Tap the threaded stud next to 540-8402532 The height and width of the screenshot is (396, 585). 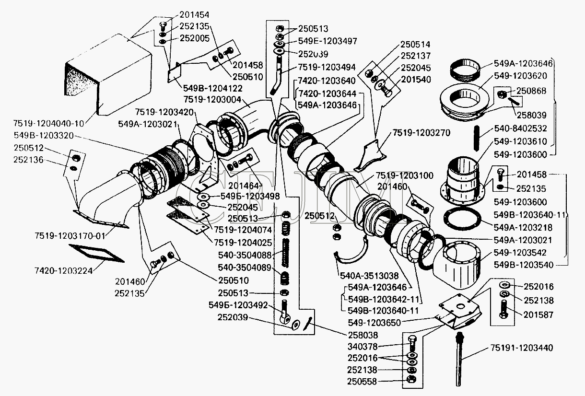(x=477, y=139)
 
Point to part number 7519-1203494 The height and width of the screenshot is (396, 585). (x=328, y=68)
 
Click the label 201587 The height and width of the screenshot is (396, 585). (x=538, y=314)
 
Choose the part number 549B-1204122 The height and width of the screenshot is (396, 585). (x=212, y=89)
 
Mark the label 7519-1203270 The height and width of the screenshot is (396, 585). (x=421, y=132)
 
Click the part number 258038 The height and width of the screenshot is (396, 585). (x=362, y=335)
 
